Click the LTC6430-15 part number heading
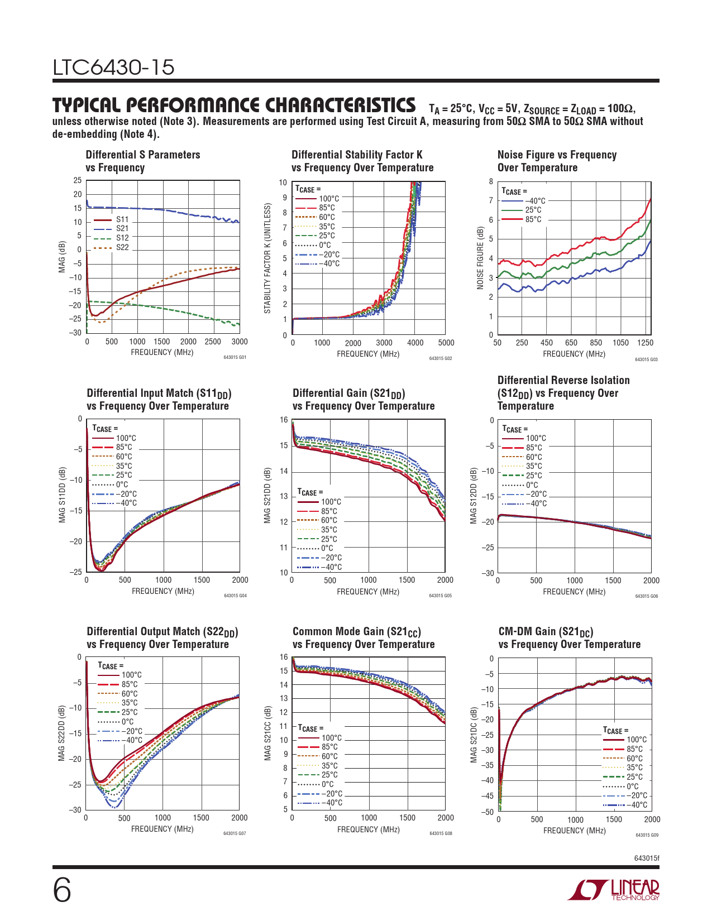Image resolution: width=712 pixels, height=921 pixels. (113, 68)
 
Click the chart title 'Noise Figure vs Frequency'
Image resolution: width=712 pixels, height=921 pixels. (557, 155)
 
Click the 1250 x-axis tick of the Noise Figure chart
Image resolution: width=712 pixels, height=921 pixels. (645, 343)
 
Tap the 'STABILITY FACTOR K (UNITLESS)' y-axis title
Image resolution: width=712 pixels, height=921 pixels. (267, 258)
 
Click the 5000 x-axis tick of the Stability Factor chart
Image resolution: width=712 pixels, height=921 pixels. (446, 343)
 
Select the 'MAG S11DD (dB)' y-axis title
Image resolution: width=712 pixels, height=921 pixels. (62, 495)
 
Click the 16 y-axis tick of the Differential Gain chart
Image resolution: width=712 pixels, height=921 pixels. (284, 420)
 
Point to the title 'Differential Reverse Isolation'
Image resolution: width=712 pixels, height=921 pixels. (563, 380)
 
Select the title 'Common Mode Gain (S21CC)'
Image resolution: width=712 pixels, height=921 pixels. (357, 631)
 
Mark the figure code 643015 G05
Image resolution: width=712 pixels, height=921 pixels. (440, 596)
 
